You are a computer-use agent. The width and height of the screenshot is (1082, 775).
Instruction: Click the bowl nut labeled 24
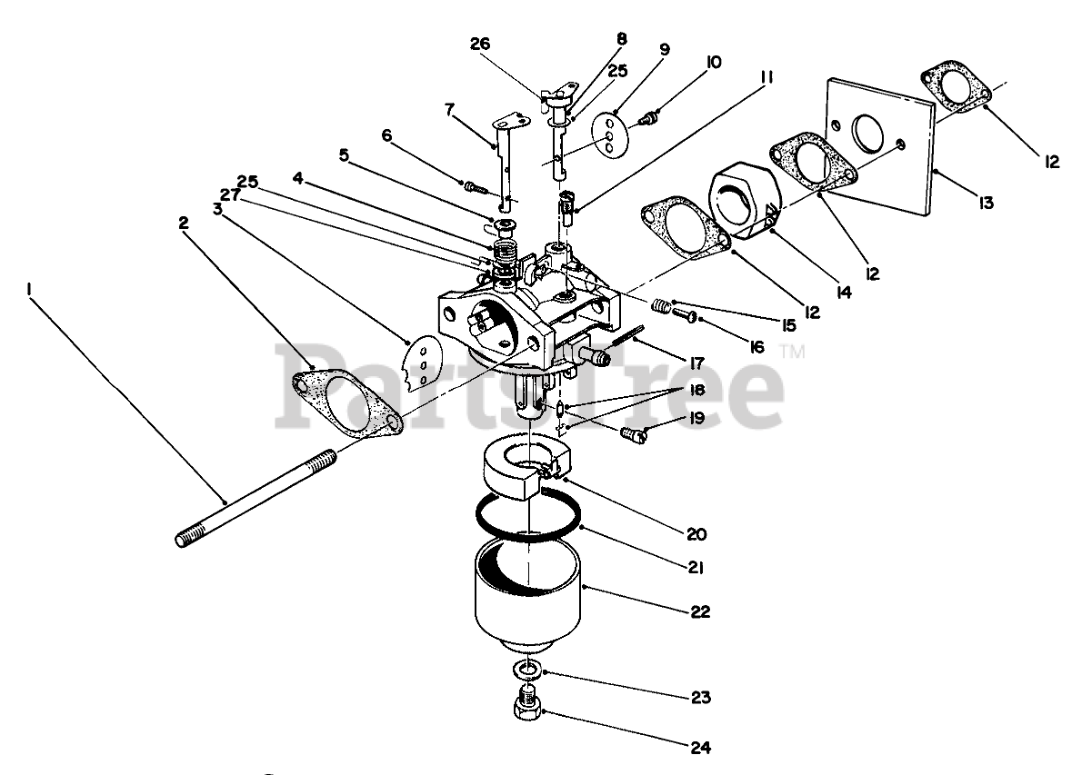pyautogui.click(x=526, y=707)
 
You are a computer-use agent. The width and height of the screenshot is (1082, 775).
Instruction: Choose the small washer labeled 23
pyautogui.click(x=526, y=671)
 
